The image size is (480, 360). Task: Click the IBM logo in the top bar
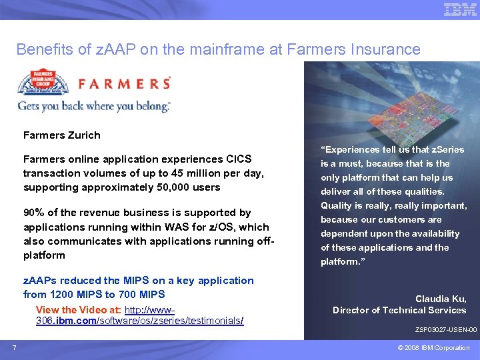[460, 9]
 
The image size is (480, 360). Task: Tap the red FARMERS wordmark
[125, 83]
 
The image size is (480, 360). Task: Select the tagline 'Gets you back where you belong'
[93, 106]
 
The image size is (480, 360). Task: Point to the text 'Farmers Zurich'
[62, 135]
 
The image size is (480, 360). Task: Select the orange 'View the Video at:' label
[79, 310]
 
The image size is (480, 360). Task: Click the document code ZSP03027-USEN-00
[446, 330]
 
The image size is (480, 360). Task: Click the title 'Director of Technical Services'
[399, 310]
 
